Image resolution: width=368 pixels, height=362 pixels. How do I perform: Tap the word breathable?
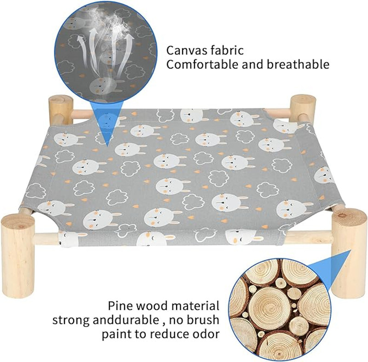298,64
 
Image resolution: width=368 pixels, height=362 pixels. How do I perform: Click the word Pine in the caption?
120,306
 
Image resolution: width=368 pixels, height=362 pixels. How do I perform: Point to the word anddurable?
126,320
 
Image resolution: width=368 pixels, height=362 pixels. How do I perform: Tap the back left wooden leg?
61,110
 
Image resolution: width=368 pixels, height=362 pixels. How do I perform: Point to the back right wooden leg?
303,108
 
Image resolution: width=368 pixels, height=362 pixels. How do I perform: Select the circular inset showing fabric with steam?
106,52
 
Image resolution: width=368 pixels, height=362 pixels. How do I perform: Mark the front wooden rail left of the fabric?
46,237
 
